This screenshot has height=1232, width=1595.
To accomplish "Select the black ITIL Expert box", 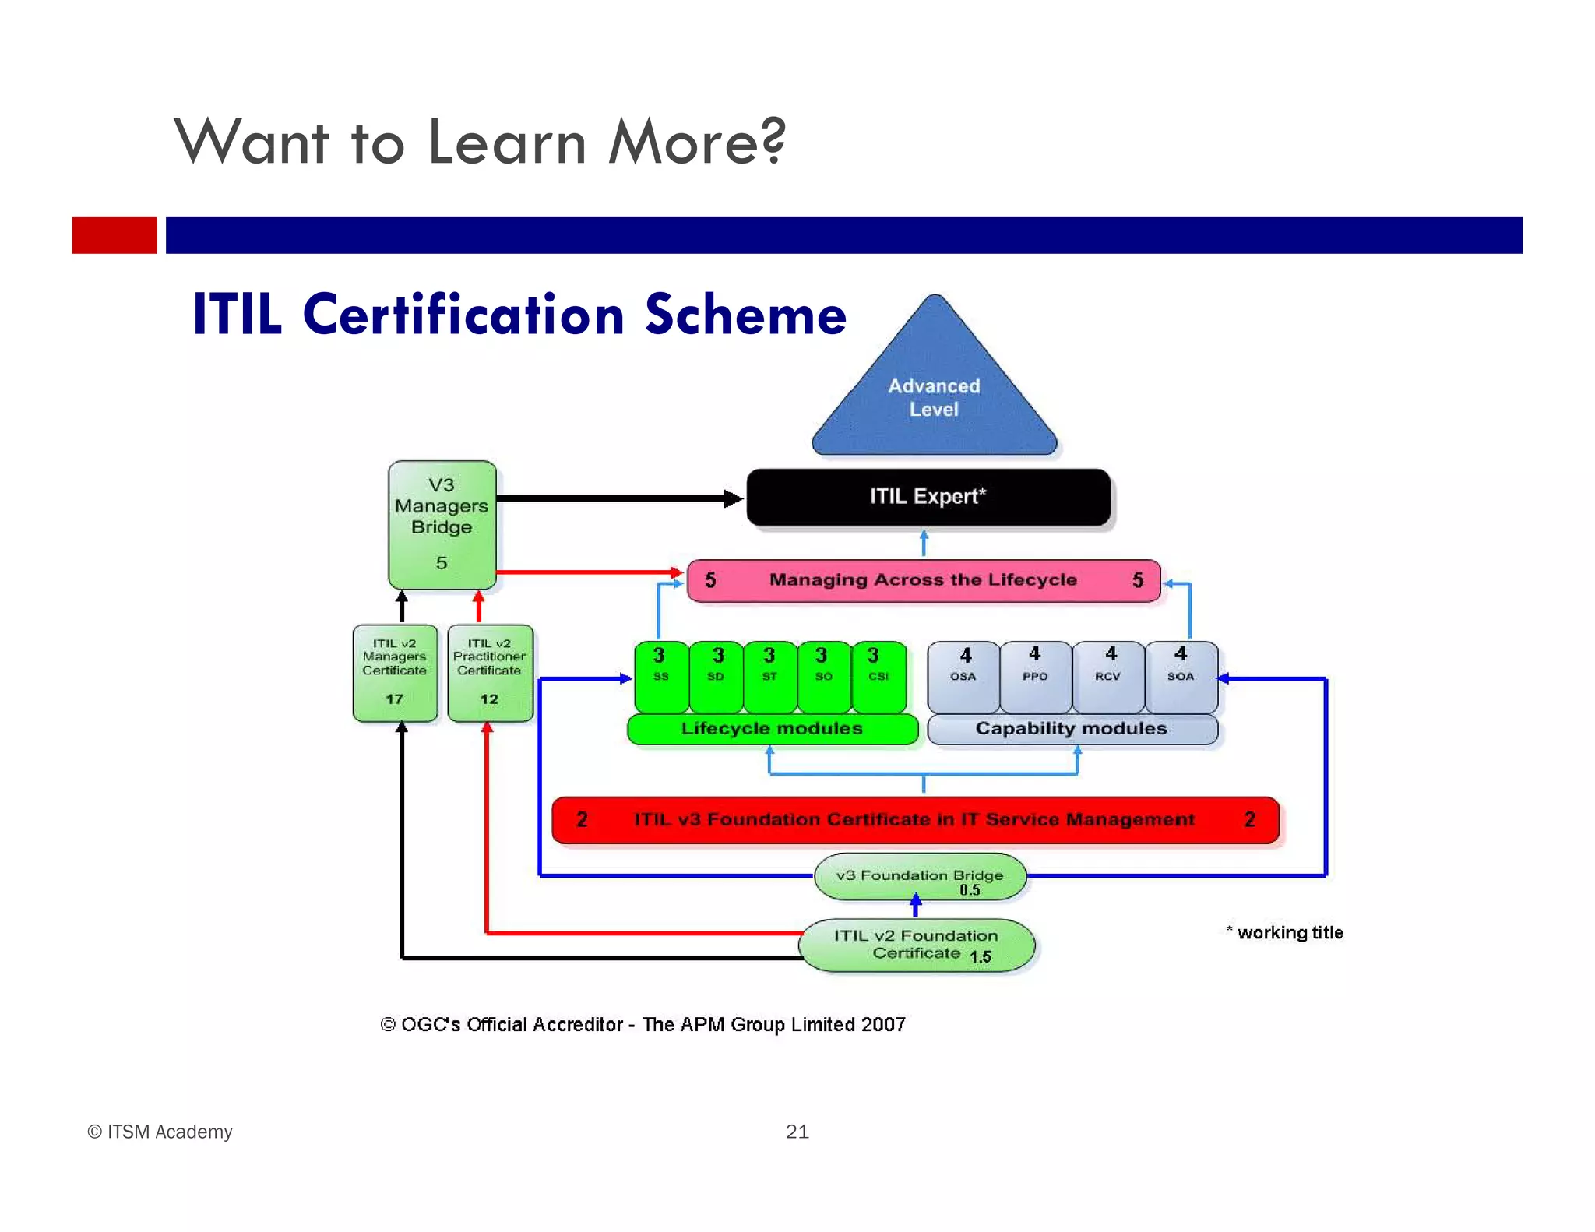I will [x=928, y=497].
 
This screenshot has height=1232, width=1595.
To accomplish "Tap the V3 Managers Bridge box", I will [x=442, y=523].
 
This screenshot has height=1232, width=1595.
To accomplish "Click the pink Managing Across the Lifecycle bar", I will [x=923, y=580].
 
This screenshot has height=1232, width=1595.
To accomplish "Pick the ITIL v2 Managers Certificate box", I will [x=395, y=673].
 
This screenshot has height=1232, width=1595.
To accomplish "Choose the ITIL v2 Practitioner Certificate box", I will [x=490, y=673].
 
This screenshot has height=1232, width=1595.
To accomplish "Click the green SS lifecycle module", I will [x=660, y=675].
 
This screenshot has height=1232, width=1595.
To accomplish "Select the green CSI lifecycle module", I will [x=878, y=675].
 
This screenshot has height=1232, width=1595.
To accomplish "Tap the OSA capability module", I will [x=963, y=675].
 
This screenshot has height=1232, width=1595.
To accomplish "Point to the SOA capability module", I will [x=1181, y=675].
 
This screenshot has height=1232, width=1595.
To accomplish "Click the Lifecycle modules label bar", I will [x=772, y=729].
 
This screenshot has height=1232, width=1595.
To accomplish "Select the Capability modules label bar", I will [x=1072, y=729].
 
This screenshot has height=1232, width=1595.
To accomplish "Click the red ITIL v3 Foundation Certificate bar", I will [x=914, y=820].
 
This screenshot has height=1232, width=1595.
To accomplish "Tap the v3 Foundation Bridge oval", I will [x=920, y=878].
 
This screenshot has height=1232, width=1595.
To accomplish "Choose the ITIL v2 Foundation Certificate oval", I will [x=917, y=945].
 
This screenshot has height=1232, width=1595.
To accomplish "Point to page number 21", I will [x=797, y=1132].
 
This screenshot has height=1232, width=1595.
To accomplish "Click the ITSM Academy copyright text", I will [x=160, y=1132].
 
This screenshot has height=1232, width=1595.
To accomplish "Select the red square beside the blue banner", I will [x=114, y=235].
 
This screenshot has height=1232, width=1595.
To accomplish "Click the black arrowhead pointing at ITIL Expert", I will [x=733, y=498].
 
